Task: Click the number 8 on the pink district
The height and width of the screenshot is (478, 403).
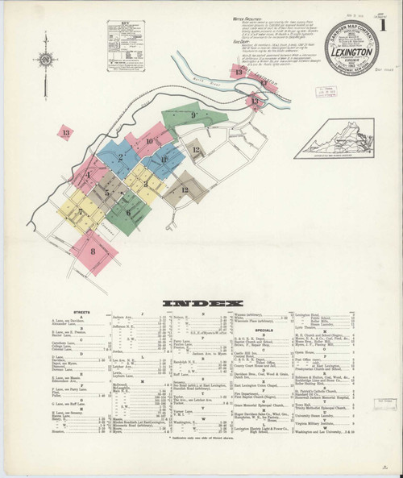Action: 93,251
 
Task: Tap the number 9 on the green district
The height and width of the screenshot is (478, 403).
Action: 194,116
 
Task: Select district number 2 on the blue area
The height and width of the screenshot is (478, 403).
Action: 121,157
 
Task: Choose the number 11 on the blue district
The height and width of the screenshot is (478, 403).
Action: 164,160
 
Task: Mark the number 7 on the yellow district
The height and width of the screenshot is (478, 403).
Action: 81,214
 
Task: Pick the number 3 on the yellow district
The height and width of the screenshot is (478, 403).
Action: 145,184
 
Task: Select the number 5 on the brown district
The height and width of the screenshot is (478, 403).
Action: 106,193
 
